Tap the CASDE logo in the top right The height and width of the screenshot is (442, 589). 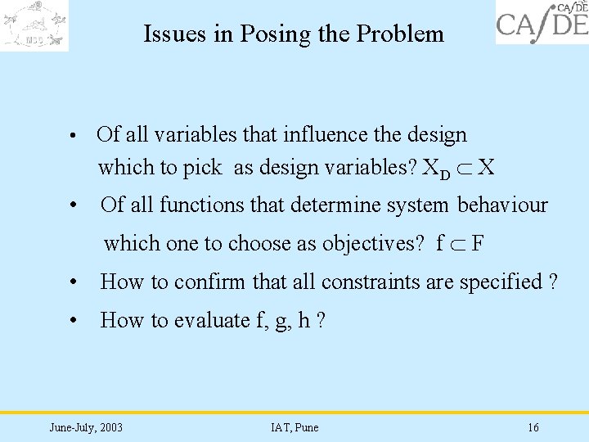pyautogui.click(x=542, y=22)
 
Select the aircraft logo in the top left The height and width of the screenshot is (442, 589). pyautogui.click(x=34, y=25)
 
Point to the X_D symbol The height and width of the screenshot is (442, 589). pyautogui.click(x=438, y=169)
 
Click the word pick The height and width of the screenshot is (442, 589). pyautogui.click(x=202, y=168)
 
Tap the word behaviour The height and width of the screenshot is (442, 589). pyautogui.click(x=502, y=205)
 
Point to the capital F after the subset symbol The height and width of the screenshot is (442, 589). pyautogui.click(x=477, y=243)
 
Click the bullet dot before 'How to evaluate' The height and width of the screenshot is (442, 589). pyautogui.click(x=74, y=321)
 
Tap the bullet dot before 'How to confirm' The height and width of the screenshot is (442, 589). pyautogui.click(x=74, y=282)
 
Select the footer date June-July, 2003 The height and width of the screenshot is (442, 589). pyautogui.click(x=86, y=427)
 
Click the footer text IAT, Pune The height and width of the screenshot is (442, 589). pyautogui.click(x=294, y=427)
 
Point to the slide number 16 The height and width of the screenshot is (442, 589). pyautogui.click(x=533, y=427)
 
